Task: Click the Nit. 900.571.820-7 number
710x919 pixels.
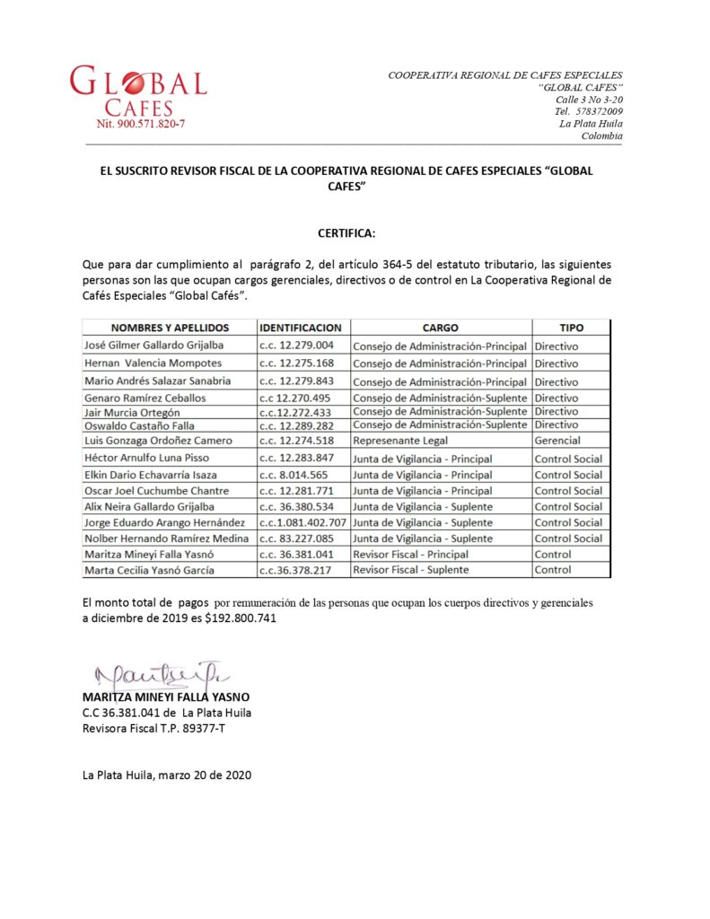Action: [141, 124]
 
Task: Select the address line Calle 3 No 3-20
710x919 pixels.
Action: [589, 100]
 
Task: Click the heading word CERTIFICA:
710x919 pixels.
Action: [346, 233]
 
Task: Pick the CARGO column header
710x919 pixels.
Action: [440, 328]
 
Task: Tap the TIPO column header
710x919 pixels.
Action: [571, 328]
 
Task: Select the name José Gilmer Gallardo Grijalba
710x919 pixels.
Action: [153, 346]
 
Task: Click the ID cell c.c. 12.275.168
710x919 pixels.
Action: [296, 363]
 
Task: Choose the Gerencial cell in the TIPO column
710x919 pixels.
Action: [557, 441]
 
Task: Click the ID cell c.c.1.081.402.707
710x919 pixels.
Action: [302, 522]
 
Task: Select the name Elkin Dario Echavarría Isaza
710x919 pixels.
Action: [150, 475]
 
